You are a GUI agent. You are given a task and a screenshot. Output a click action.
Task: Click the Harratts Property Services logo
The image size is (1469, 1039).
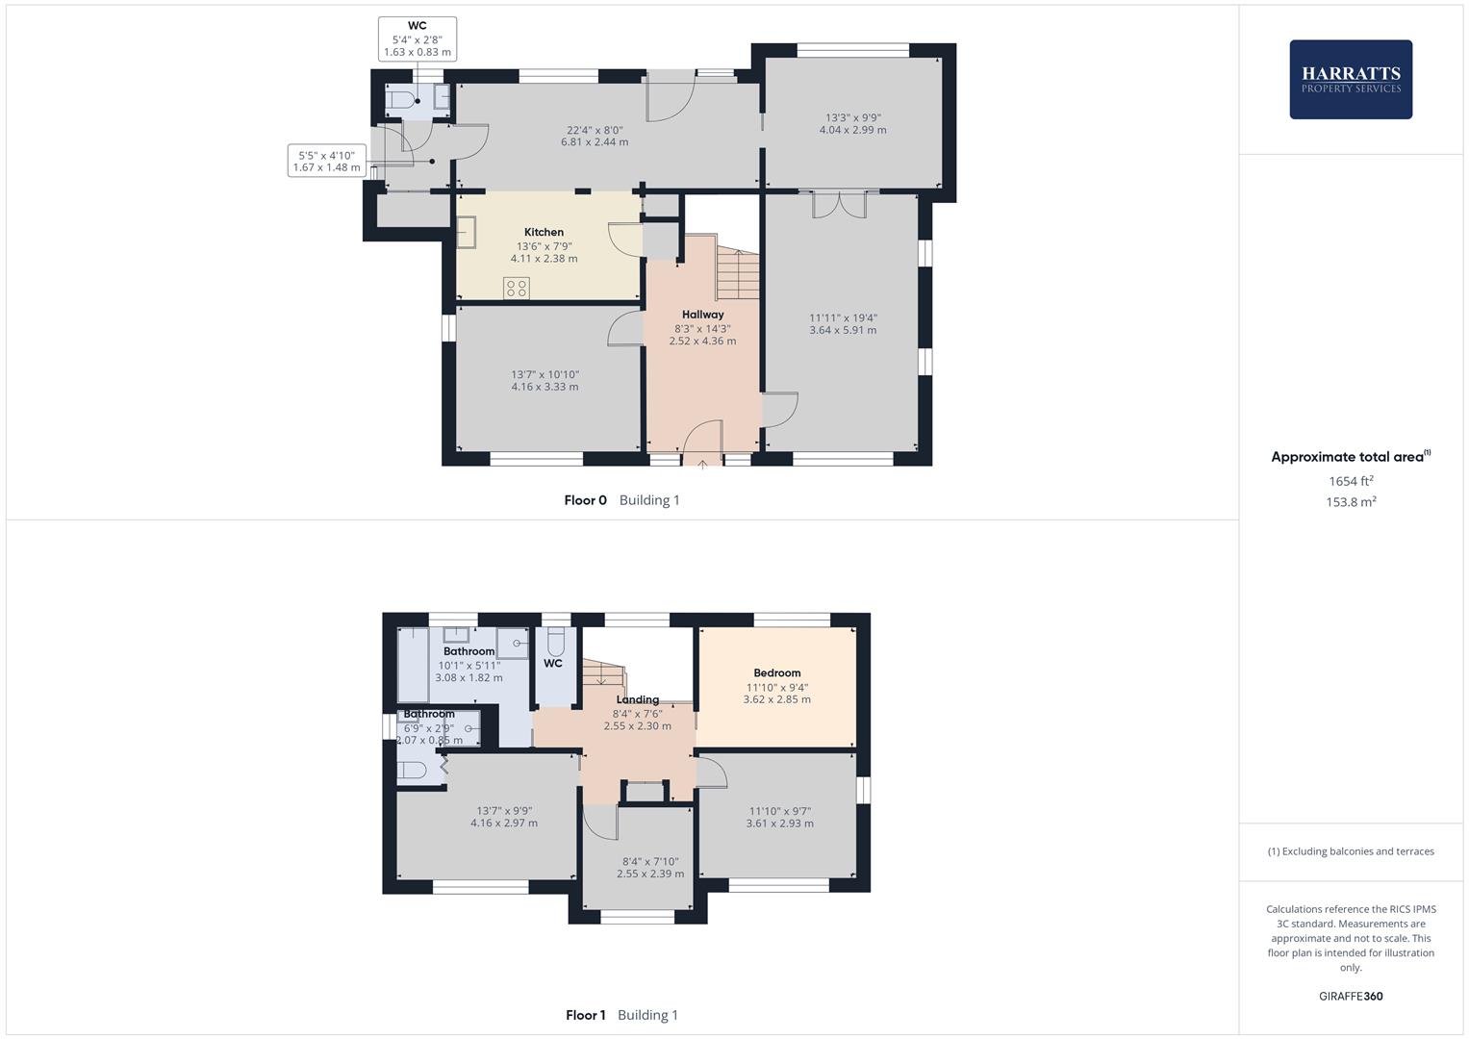click(x=1350, y=80)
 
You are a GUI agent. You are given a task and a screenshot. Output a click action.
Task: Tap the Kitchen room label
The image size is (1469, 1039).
click(x=544, y=232)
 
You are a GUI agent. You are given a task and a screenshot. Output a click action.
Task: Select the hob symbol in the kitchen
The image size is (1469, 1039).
click(x=516, y=288)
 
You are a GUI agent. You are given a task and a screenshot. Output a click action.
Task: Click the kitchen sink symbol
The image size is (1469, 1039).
click(x=467, y=232)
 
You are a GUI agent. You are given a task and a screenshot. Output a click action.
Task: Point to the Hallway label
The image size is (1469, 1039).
click(x=702, y=315)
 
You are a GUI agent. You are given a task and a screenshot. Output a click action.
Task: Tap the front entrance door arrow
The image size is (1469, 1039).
click(x=702, y=465)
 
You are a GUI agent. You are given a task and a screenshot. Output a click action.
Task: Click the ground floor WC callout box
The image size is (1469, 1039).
click(x=417, y=39)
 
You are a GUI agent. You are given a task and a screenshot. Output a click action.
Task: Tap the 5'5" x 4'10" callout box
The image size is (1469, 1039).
click(x=326, y=162)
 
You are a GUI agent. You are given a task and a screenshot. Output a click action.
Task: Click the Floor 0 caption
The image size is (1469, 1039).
click(x=585, y=500)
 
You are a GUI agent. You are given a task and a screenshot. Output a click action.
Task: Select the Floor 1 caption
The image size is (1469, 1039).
click(x=585, y=1015)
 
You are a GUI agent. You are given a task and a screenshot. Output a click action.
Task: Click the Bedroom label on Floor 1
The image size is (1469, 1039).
click(x=776, y=673)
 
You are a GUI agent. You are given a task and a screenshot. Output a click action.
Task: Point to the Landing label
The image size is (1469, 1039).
click(x=637, y=700)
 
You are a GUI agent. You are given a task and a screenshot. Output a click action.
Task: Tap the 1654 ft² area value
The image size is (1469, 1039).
click(x=1350, y=481)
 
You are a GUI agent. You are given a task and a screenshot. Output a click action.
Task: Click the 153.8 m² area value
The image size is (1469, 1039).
click(x=1350, y=502)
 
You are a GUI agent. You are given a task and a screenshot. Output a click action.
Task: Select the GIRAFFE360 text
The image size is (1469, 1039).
click(x=1350, y=996)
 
